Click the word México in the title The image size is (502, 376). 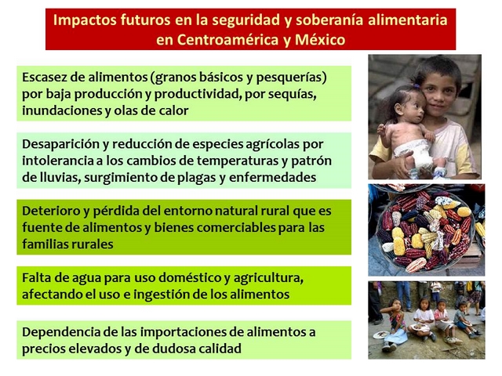coord(320,40)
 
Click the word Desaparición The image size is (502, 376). coord(61,144)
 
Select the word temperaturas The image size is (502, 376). coord(238,161)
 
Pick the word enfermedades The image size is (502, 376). coord(272,178)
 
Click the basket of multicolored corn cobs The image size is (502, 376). coord(424,230)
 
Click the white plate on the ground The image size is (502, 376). coord(381,334)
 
